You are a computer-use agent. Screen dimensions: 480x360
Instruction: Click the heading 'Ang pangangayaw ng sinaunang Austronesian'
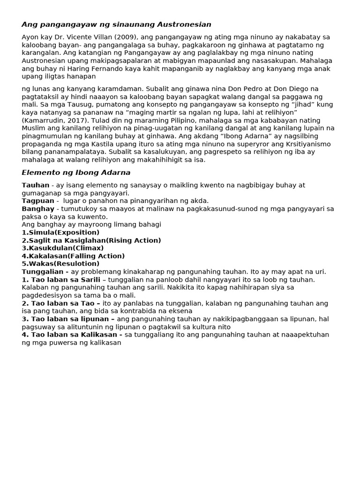(116, 24)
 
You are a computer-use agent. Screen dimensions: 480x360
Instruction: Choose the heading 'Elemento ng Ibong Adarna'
(76, 172)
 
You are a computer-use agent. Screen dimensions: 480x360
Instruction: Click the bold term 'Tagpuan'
(38, 201)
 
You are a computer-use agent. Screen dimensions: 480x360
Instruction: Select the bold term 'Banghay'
(38, 209)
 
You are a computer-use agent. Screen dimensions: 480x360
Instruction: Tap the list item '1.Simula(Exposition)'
(60, 232)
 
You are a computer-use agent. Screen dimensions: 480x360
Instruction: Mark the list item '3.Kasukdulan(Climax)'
(63, 248)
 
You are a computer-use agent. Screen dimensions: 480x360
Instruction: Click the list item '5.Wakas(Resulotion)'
(60, 264)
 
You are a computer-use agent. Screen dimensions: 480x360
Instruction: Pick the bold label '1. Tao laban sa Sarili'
(61, 280)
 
